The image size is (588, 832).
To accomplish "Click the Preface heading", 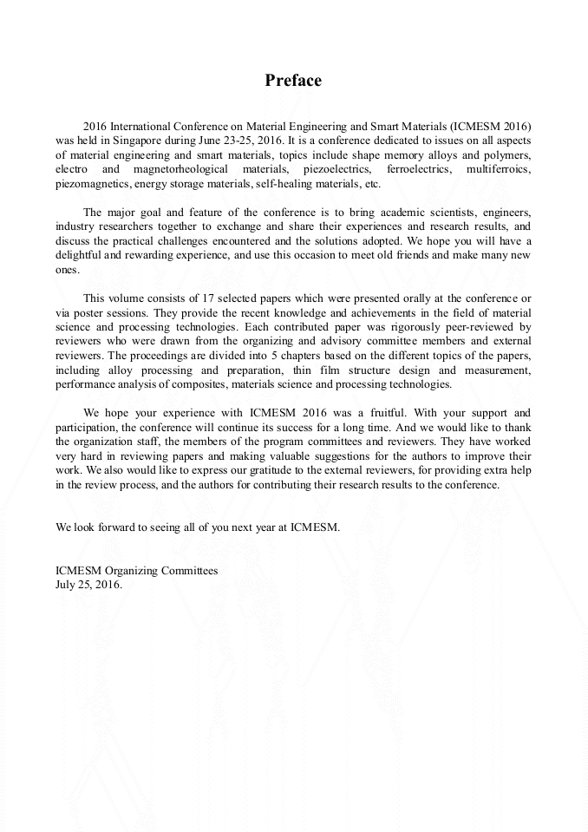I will [x=293, y=81].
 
